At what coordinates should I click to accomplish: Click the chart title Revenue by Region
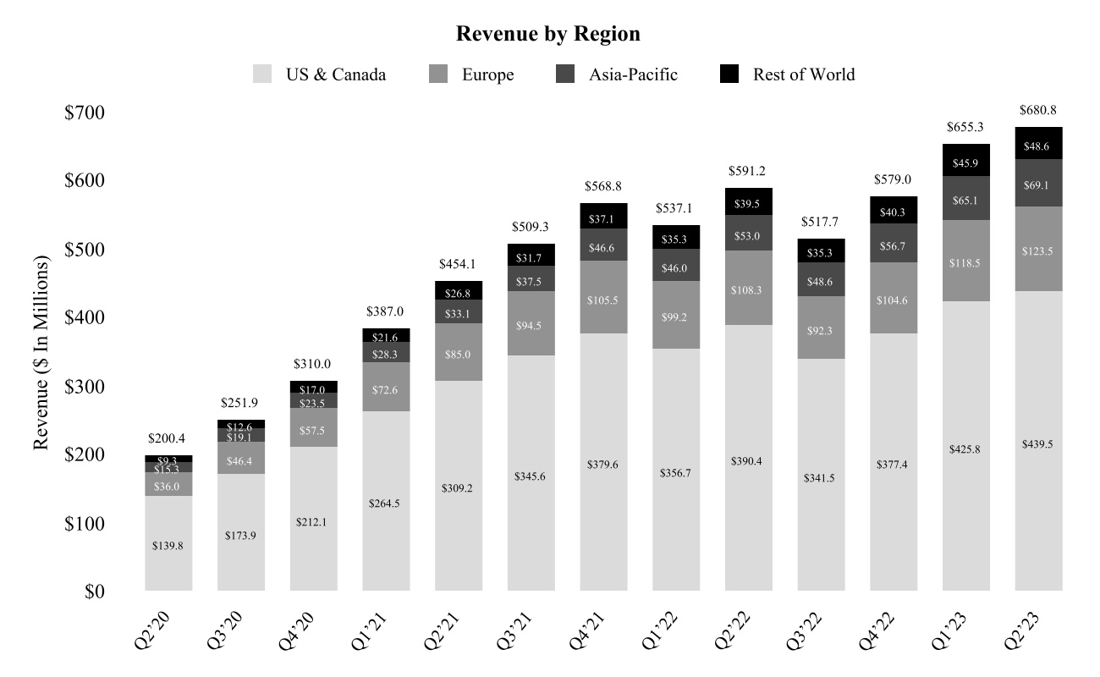pos(547,34)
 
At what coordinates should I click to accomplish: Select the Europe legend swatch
pos(440,74)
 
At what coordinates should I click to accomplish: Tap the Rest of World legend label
pos(804,74)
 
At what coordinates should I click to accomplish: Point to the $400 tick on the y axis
pos(85,318)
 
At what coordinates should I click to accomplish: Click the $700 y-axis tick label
pos(85,113)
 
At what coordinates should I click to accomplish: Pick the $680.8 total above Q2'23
pos(1038,110)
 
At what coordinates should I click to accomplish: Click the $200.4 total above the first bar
pos(168,439)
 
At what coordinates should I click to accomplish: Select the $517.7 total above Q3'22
pos(821,223)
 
